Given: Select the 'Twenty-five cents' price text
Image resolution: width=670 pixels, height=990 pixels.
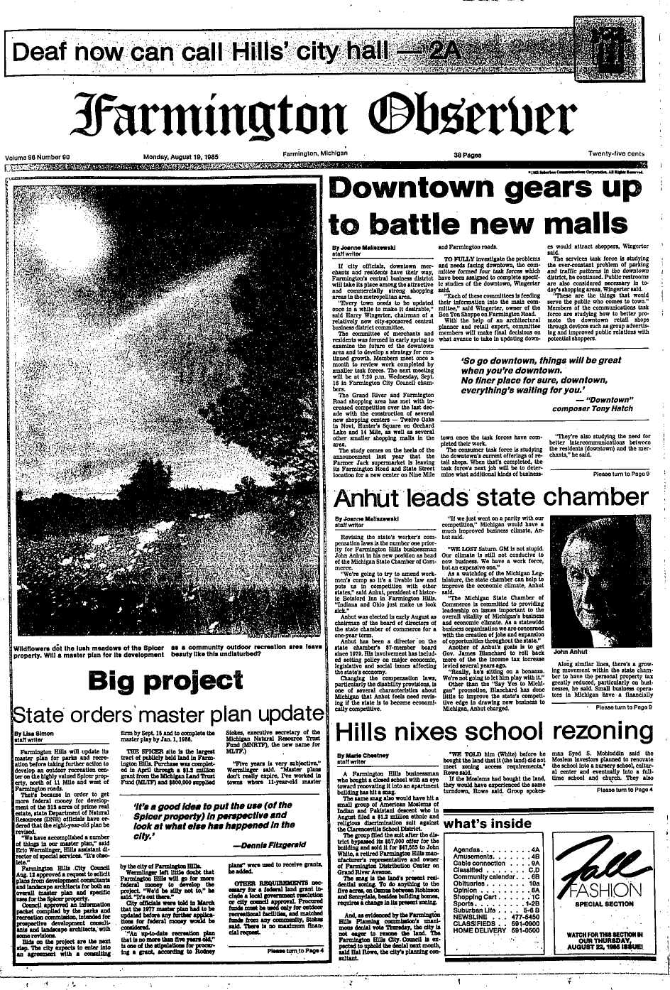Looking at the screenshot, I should pyautogui.click(x=615, y=153).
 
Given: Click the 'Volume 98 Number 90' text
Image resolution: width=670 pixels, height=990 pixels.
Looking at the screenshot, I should pyautogui.click(x=43, y=157).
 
